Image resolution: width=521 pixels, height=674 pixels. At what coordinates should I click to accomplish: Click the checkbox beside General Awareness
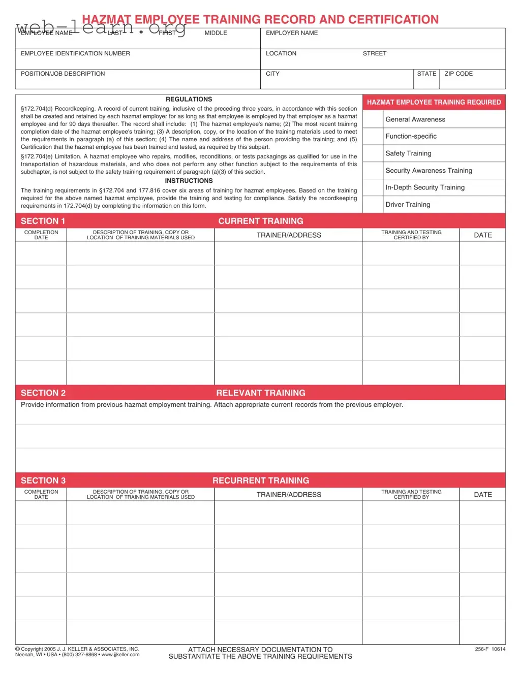tap(373, 119)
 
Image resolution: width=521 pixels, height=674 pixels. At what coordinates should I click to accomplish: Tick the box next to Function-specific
tap(373, 137)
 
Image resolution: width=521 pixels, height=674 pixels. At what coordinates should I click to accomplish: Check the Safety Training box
tap(373, 153)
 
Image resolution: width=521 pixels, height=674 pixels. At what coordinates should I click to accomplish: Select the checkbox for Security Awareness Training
tap(373, 171)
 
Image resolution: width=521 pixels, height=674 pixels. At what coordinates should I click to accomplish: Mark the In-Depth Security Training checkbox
tap(373, 187)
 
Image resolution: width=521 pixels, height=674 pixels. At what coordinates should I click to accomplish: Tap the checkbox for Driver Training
tap(373, 205)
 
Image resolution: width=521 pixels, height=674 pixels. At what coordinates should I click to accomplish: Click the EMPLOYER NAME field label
tap(292, 33)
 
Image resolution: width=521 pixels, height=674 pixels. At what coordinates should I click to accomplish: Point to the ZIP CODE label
tap(458, 74)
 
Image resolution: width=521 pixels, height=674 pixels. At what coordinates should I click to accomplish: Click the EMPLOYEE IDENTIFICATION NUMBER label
tap(75, 53)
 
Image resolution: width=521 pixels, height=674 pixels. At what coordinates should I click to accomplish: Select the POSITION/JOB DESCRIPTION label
tap(63, 74)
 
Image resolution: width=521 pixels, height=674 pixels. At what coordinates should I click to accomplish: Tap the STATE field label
tap(426, 74)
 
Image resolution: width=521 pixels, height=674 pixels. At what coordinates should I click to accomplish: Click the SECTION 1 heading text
tap(43, 221)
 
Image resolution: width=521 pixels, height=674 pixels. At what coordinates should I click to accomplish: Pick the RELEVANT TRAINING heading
tap(261, 393)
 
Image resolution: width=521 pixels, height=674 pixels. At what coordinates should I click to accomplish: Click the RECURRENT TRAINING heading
tap(261, 480)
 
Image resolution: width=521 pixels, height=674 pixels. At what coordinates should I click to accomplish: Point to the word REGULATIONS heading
tap(189, 100)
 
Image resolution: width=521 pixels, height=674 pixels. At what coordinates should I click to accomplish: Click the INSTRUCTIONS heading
tap(189, 181)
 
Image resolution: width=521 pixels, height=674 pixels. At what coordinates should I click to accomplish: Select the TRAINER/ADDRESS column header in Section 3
tap(289, 495)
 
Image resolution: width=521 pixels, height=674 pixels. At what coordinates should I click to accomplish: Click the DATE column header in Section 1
tap(483, 235)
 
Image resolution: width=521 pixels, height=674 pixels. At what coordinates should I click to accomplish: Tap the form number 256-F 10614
tap(490, 649)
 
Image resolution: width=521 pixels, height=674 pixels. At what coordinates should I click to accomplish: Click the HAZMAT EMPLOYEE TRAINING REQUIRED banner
tap(434, 102)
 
